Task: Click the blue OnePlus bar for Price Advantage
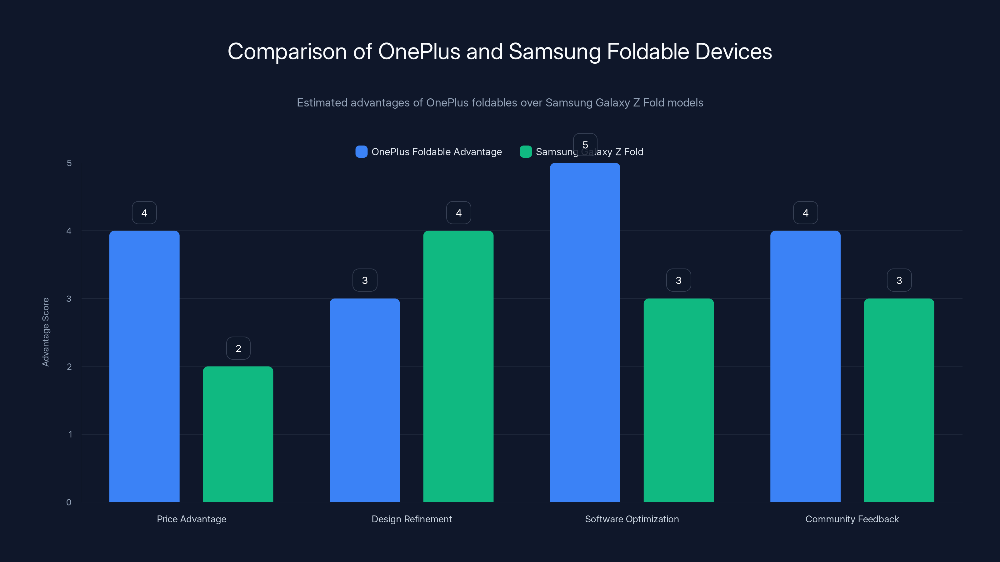tap(144, 366)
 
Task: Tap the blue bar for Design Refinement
tap(364, 400)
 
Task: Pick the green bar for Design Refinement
tap(458, 366)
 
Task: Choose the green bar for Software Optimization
tap(678, 400)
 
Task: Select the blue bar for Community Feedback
tap(805, 366)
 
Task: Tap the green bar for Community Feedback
tap(899, 400)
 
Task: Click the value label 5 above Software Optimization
tap(585, 145)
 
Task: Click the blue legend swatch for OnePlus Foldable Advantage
tap(361, 152)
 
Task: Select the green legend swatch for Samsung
tap(525, 152)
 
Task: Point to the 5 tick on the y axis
tap(69, 163)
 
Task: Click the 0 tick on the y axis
tap(69, 502)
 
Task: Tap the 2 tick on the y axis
tap(69, 367)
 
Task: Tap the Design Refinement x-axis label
tap(412, 519)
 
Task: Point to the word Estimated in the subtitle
tap(322, 103)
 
